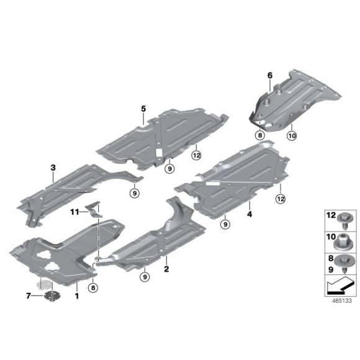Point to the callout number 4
pos(250,214)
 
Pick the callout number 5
pos(143,109)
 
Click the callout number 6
pos(270,76)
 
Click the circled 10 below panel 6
pos(292,133)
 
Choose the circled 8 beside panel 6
pos(260,133)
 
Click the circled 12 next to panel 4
pos(280,199)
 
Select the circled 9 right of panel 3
pos(135,194)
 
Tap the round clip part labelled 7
pos(52,295)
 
